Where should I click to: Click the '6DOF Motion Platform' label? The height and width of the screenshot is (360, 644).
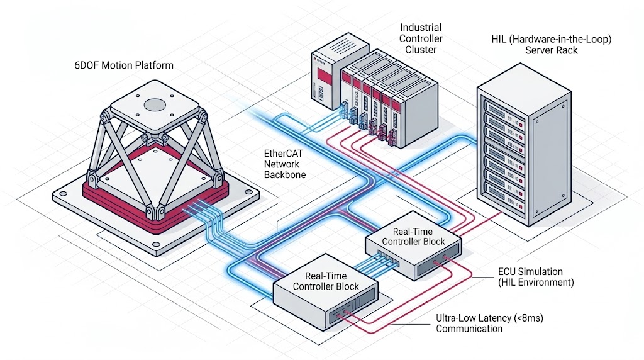coord(123,65)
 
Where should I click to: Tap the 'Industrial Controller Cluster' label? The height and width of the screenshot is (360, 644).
coord(421,38)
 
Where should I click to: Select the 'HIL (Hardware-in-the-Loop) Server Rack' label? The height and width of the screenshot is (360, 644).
coord(551,44)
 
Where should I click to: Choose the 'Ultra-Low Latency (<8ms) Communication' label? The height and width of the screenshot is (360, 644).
coord(489,323)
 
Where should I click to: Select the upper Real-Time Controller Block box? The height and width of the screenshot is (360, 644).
coord(414,249)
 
